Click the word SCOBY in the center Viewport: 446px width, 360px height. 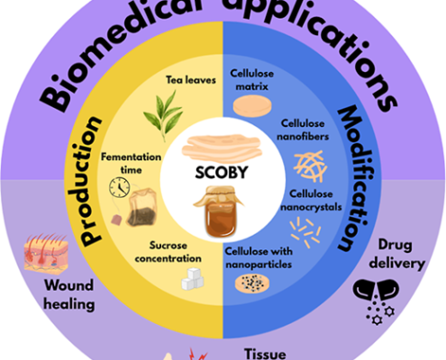click(x=222, y=172)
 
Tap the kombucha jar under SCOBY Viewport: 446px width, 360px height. click(x=219, y=211)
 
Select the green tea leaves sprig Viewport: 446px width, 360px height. click(x=164, y=115)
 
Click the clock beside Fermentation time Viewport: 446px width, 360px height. click(x=120, y=187)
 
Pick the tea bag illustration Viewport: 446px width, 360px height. click(x=138, y=208)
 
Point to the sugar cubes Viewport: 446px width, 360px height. click(x=193, y=279)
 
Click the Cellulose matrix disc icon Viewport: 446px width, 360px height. click(x=252, y=106)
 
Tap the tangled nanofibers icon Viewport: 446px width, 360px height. click(x=310, y=166)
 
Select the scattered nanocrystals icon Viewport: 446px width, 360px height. click(x=305, y=232)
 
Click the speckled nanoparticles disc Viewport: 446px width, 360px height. click(x=252, y=283)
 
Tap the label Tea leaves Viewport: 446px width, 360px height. click(x=191, y=80)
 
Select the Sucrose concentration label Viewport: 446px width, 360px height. click(x=168, y=252)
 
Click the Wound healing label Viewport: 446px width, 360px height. click(x=69, y=294)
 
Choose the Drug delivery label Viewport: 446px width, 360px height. click(x=397, y=255)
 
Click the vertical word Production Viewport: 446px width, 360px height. click(x=87, y=182)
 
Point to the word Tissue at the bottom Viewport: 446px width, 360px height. click(x=265, y=354)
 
